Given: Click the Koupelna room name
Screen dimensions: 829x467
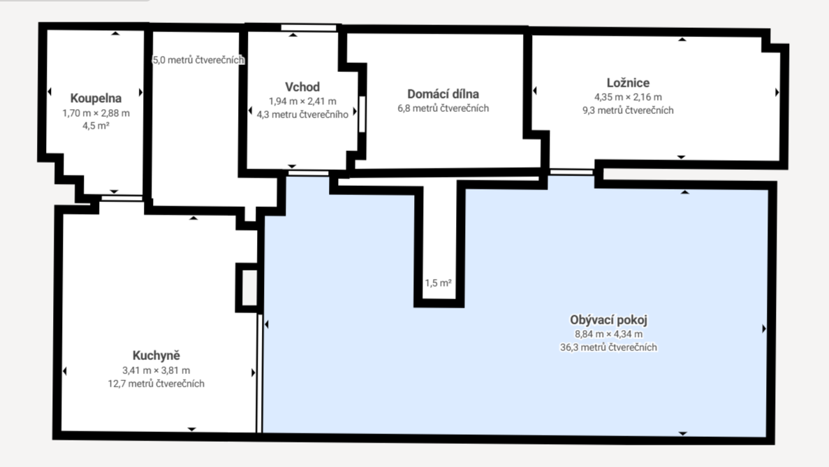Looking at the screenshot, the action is [96, 99].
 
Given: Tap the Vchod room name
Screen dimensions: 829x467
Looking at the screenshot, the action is [302, 87].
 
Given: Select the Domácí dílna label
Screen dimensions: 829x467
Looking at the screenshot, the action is [443, 94].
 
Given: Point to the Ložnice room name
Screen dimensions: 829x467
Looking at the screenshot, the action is [628, 82].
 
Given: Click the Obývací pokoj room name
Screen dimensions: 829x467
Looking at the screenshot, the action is [608, 319].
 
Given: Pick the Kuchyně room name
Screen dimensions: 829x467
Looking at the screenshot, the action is [156, 356].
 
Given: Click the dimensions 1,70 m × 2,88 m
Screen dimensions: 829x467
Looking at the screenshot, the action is [96, 113].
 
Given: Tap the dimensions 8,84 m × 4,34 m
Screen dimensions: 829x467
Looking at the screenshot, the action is [608, 334].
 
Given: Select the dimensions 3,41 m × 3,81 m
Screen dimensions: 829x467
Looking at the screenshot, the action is [156, 371].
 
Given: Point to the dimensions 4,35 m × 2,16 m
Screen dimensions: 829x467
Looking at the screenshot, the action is [628, 97].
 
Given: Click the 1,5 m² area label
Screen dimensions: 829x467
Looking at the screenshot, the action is [439, 283].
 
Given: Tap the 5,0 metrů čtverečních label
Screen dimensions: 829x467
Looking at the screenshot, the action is [198, 60].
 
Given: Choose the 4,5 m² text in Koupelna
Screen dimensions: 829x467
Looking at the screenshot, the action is [96, 126].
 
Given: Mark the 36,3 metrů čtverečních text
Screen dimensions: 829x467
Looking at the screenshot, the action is [608, 347].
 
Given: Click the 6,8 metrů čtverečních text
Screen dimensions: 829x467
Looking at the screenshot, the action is [443, 108].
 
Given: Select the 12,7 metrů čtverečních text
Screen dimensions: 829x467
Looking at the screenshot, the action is [156, 384].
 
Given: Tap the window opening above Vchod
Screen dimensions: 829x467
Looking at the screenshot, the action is [309, 27].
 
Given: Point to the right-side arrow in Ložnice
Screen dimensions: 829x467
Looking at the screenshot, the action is [777, 92].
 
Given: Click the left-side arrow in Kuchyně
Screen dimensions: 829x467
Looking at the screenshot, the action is [64, 371].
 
